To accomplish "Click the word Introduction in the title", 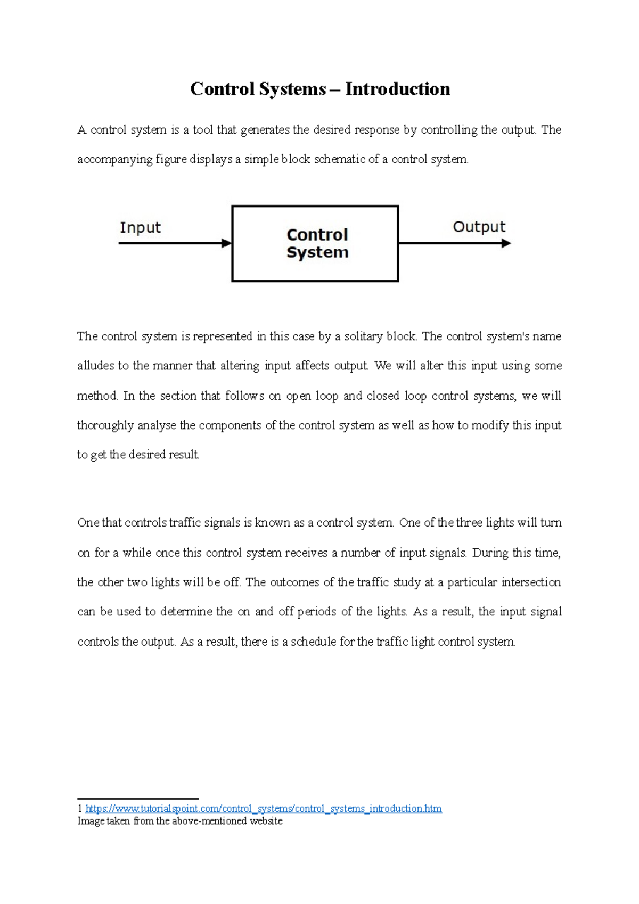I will (397, 89).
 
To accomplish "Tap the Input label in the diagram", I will (140, 228).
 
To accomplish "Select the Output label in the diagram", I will (479, 227).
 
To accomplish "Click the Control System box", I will (315, 244).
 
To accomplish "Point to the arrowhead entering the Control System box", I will (227, 243).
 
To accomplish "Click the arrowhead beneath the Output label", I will (506, 243).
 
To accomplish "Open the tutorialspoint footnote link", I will (263, 809).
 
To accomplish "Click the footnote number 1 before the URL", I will (80, 809).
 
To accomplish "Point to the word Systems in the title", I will (292, 89).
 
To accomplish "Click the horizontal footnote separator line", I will (138, 799).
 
